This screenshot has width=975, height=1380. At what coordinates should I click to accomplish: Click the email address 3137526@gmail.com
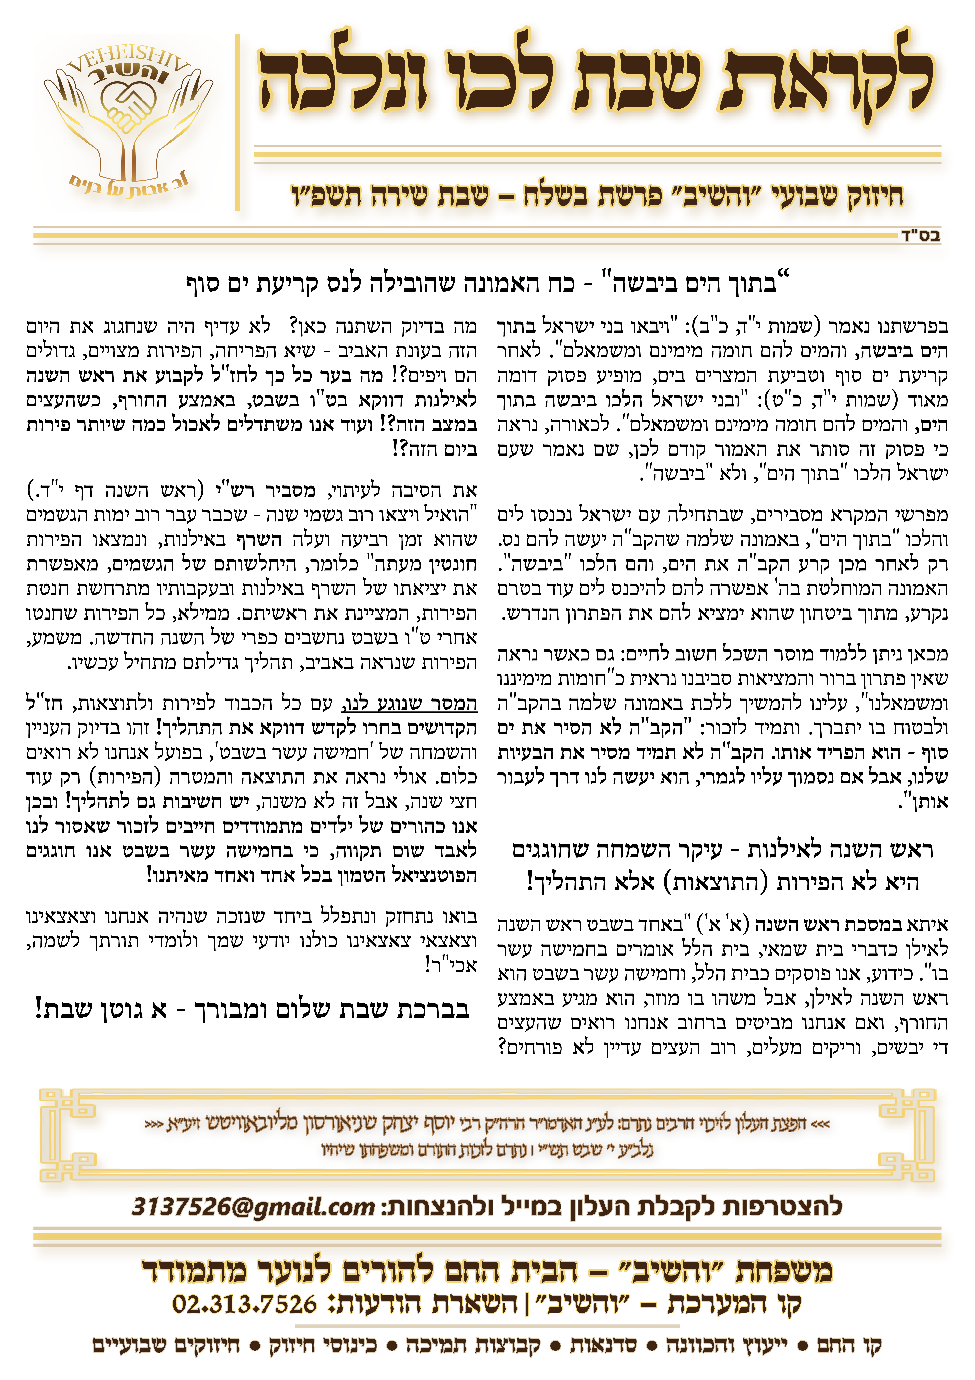[x=252, y=1206]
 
